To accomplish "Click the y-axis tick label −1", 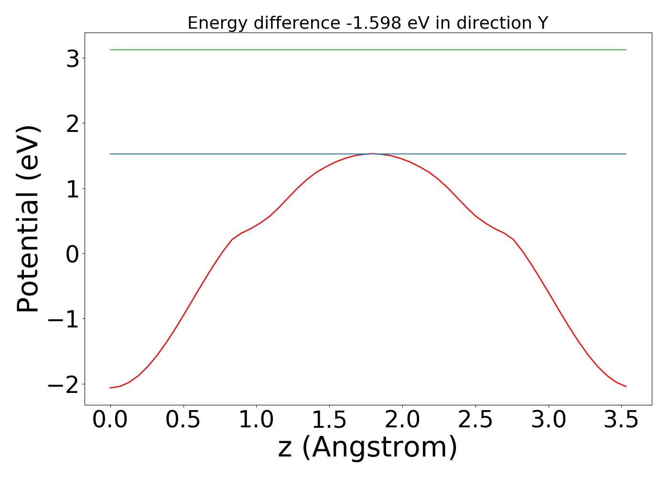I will [x=64, y=319].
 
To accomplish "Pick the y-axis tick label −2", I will [x=64, y=384].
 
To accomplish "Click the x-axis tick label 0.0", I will [x=110, y=420].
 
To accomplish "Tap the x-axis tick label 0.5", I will [x=183, y=420].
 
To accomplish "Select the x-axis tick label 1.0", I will [x=256, y=420].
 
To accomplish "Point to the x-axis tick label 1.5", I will [x=329, y=420].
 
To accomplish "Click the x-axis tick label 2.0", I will [x=402, y=420].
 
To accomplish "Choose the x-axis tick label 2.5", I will [x=475, y=420].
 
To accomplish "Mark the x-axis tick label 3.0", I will [x=549, y=420].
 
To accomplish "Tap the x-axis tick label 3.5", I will [x=621, y=420].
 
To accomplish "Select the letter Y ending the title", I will [x=542, y=23].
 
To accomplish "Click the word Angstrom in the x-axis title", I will [x=379, y=448].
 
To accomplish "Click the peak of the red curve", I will [x=373, y=153].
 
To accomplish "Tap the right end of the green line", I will [x=626, y=50].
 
